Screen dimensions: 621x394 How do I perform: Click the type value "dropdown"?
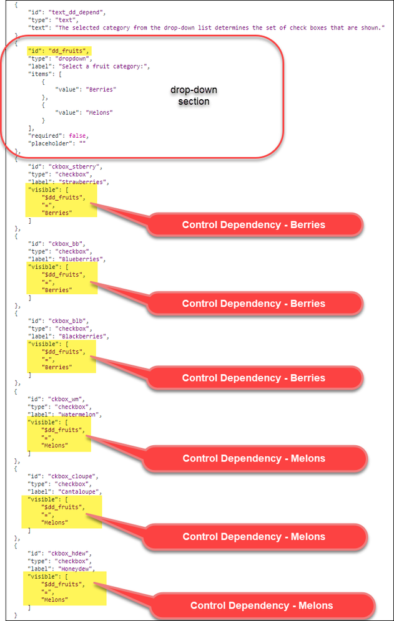(72, 59)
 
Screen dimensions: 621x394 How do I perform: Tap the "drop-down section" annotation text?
(194, 95)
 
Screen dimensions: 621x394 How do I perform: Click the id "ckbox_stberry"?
(74, 166)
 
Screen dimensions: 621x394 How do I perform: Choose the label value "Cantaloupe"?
(81, 491)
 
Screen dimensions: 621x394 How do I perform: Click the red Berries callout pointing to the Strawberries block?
(254, 224)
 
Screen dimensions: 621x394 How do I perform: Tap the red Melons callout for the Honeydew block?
(262, 605)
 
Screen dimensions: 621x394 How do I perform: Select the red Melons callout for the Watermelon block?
(254, 458)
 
